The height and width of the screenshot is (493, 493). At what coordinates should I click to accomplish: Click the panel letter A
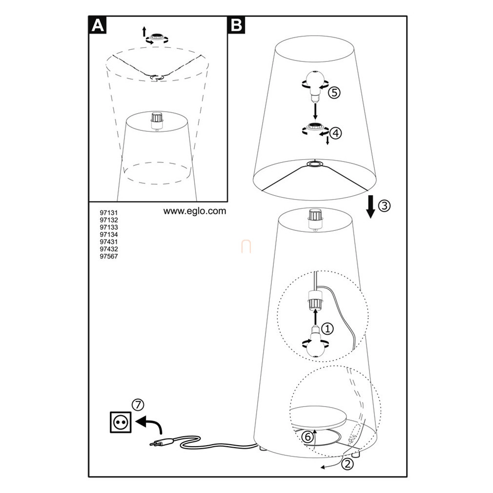pos(98,25)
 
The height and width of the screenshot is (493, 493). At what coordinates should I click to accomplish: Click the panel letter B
pos(236,25)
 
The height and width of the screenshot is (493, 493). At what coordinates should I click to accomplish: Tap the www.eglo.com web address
pos(195,211)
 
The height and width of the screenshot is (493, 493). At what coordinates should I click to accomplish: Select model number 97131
pos(109,213)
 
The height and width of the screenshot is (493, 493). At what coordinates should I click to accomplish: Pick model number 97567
pos(109,256)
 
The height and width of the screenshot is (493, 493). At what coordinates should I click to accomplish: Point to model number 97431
pos(109,242)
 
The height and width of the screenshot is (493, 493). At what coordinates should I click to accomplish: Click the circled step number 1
pos(328,329)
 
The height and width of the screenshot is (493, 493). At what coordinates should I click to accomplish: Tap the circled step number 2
pos(348,464)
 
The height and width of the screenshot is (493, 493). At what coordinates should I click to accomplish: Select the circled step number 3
pos(384,206)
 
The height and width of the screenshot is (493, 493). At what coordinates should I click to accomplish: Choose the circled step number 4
pos(335,133)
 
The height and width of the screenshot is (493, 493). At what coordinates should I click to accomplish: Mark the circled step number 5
pos(334,93)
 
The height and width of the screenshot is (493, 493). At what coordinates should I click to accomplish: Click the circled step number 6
pos(308,437)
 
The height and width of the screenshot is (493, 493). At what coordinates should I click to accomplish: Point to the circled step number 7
pos(138,405)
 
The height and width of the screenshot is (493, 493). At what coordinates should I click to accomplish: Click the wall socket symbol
pos(121,422)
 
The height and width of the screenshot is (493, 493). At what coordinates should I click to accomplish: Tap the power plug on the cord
pos(161,443)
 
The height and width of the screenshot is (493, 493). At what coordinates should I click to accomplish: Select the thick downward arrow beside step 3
pos(371,206)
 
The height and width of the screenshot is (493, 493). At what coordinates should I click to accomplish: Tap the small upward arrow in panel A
pos(144,32)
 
